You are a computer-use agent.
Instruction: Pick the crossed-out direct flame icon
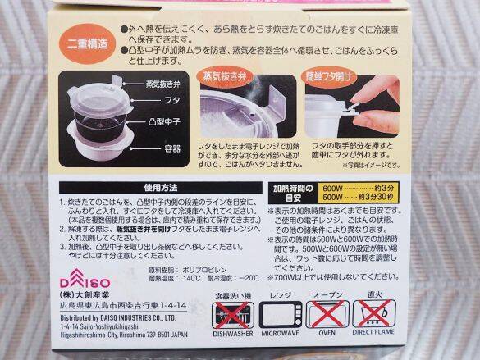(x=374, y=314)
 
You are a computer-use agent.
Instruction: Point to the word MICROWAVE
(x=281, y=335)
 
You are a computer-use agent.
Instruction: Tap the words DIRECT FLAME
(x=374, y=335)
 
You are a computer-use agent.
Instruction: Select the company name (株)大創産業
(x=89, y=291)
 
